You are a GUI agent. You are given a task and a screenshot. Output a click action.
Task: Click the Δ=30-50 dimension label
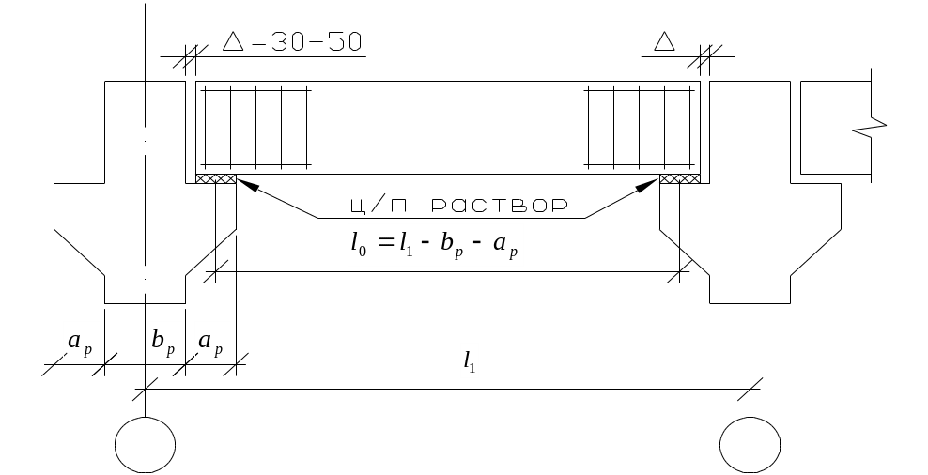[x=291, y=42]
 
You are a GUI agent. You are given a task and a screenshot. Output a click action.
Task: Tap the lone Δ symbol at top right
[x=664, y=42]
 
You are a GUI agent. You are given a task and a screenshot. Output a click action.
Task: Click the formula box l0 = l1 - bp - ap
[x=435, y=246]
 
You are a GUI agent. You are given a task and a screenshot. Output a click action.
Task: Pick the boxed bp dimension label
[x=164, y=343]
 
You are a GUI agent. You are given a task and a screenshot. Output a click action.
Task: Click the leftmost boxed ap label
[x=80, y=343]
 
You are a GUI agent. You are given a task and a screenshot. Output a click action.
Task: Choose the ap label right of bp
[x=211, y=343]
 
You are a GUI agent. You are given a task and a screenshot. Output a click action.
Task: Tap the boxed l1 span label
[x=470, y=360]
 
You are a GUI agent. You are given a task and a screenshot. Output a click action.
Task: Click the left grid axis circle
[x=146, y=444]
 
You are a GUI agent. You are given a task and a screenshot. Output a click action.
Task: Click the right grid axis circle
[x=750, y=444]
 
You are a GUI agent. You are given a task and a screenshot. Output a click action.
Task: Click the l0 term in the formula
[x=360, y=247]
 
